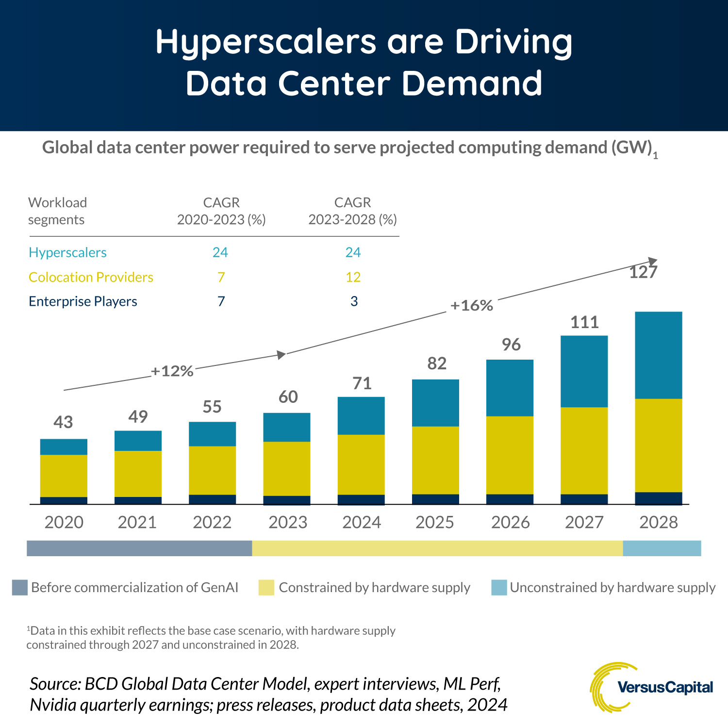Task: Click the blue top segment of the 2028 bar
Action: pos(658,355)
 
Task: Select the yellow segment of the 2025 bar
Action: pos(435,460)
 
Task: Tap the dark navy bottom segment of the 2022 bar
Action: pos(212,499)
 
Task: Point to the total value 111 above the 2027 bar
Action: pos(584,322)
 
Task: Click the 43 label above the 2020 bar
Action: pos(64,422)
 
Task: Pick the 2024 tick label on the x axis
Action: pos(362,522)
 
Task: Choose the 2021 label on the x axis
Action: pos(137,522)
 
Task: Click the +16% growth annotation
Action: pos(471,306)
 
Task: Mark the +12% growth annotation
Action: pos(172,371)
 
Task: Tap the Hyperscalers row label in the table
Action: pos(67,252)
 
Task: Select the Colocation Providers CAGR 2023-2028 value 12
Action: pos(353,277)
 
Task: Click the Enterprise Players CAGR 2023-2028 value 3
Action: pos(354,301)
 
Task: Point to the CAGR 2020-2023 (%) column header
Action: pos(221,211)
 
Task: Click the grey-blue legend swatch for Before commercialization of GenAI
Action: pos(20,588)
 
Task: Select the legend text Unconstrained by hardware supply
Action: pos(612,588)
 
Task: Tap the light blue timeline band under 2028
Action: pos(662,548)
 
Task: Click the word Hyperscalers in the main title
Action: pos(265,43)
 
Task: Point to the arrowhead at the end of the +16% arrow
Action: pos(653,261)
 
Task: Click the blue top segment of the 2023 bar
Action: pos(286,427)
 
